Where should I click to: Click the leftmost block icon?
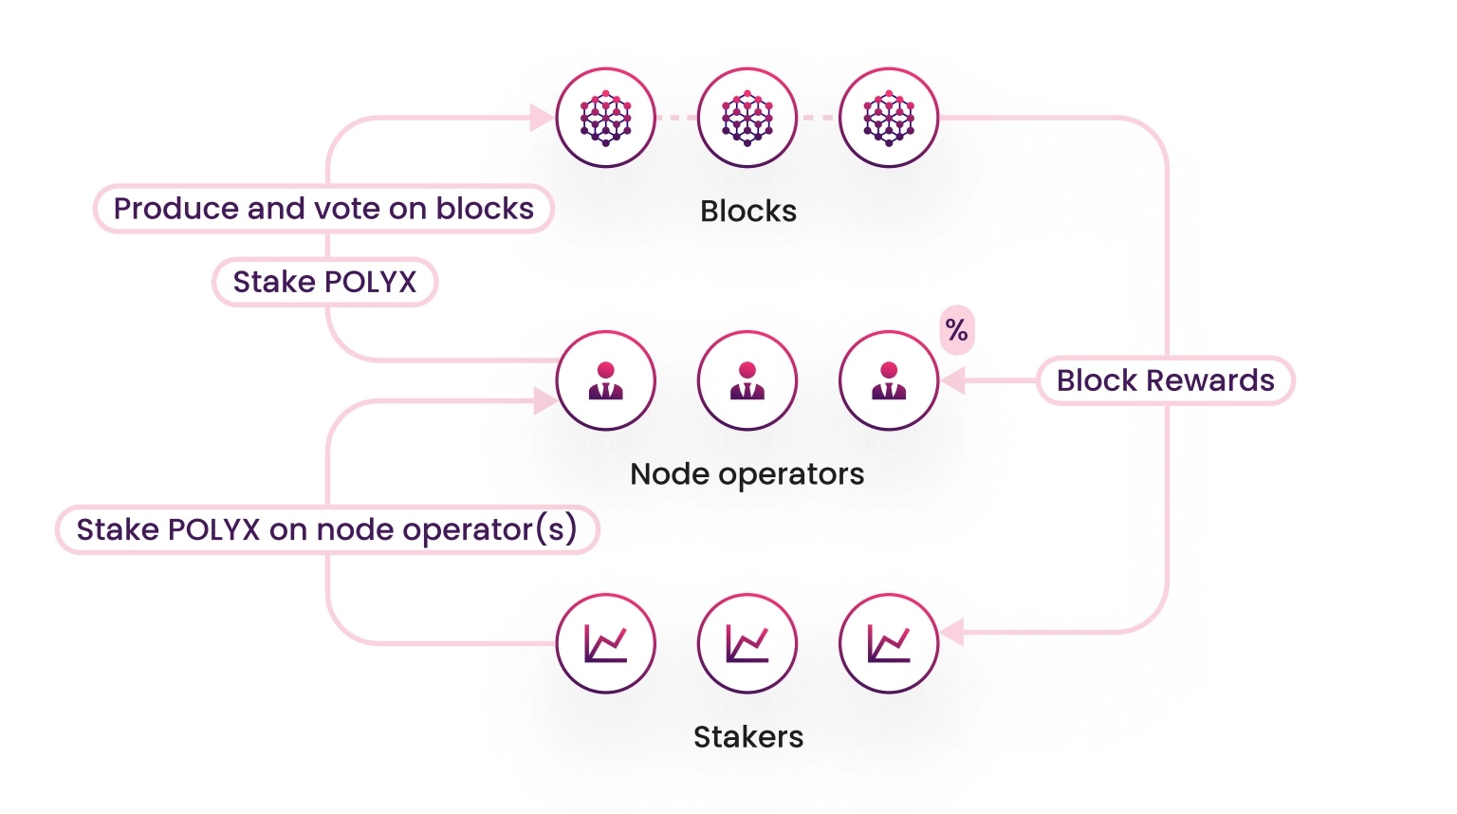click(605, 118)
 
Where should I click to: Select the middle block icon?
click(747, 118)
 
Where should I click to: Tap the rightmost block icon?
click(889, 118)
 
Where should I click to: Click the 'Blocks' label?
click(747, 211)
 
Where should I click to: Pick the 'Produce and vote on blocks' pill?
click(323, 209)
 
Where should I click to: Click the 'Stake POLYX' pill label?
click(324, 282)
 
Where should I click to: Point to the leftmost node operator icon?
click(605, 380)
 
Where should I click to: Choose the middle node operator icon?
click(747, 380)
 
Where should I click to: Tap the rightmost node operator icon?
click(889, 380)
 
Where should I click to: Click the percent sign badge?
click(956, 330)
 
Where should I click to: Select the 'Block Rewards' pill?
click(1165, 380)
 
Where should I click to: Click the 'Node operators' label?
click(747, 473)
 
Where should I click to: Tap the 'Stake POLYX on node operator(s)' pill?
click(327, 529)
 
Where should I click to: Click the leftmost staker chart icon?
click(605, 643)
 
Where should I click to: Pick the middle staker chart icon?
click(747, 643)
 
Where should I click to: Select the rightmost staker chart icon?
click(889, 643)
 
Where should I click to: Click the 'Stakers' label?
click(747, 736)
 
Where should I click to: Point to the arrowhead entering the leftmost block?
click(542, 118)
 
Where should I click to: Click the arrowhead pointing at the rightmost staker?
click(952, 632)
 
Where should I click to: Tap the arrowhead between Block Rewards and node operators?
click(953, 380)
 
